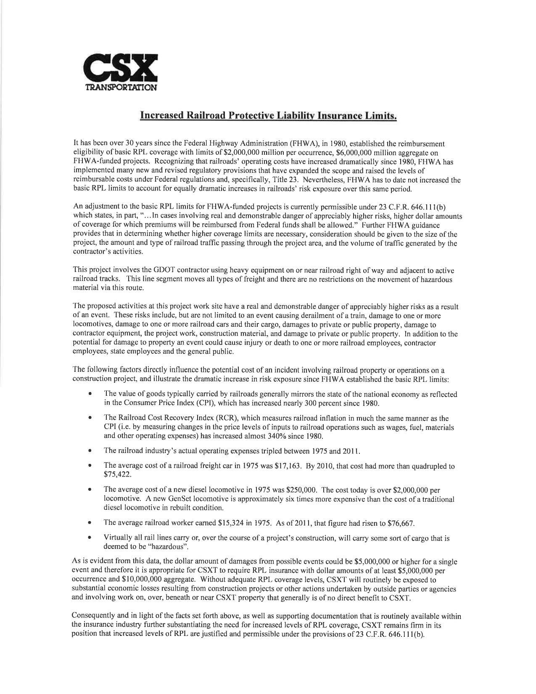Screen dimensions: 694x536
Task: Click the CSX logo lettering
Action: tap(120, 70)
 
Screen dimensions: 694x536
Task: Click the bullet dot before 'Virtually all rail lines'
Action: tap(90, 539)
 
